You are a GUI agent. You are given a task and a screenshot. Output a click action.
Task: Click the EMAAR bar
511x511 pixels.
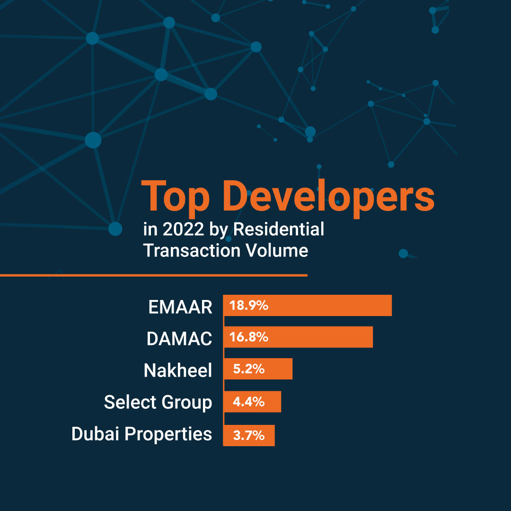[308, 305]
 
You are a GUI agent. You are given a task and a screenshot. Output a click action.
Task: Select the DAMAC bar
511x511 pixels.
[298, 337]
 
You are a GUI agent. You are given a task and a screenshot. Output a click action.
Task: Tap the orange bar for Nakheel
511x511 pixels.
[258, 369]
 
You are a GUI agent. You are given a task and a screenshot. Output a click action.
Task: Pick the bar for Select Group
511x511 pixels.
[252, 402]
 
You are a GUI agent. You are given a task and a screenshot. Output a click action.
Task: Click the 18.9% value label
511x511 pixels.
[249, 306]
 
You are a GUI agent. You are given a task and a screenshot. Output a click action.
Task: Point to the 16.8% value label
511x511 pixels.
[249, 337]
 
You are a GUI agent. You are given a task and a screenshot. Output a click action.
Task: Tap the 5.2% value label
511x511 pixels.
[249, 369]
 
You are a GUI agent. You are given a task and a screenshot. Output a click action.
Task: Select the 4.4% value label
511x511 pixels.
[249, 402]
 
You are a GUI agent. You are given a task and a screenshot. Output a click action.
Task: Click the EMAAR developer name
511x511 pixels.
[180, 308]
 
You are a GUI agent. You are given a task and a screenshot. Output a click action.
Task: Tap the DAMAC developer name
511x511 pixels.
[179, 339]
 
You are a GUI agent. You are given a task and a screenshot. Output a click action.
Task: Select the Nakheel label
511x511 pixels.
[178, 370]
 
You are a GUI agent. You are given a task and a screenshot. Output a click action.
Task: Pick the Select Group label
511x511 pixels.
[158, 403]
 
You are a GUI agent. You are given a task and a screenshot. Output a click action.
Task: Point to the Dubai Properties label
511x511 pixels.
[141, 434]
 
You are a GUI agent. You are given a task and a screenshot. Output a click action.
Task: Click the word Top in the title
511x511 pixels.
[175, 196]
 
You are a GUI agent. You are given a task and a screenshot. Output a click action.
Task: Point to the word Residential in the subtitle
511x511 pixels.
[279, 229]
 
